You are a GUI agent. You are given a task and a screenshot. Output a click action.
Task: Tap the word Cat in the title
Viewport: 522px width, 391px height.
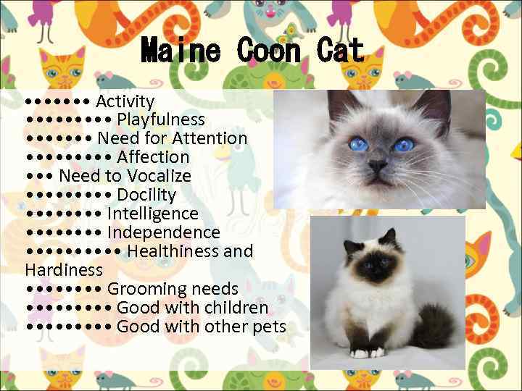coord(340,51)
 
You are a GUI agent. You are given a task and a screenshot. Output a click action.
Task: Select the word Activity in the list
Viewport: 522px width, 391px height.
coord(125,101)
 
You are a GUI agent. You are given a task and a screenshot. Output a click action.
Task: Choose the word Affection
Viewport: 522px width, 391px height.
coord(153,157)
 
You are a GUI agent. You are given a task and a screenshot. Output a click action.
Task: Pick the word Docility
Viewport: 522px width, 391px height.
coord(146,195)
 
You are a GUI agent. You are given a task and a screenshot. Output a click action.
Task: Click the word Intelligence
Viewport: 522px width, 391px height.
coord(152,214)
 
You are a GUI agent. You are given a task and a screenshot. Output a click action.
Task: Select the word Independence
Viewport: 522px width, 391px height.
coord(163,232)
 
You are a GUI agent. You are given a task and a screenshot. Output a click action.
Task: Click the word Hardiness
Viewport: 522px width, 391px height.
coord(64,270)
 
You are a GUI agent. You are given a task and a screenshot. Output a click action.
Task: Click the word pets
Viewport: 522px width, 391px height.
coord(269,327)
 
